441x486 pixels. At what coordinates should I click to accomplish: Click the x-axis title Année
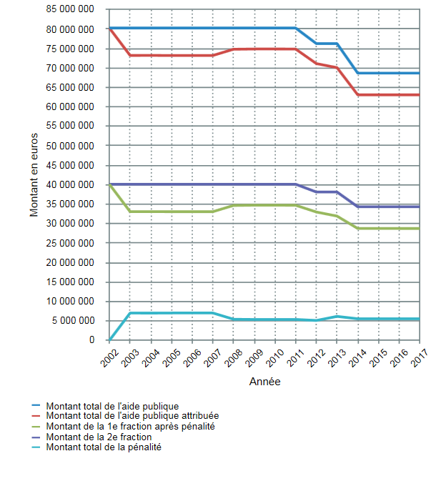point(264,382)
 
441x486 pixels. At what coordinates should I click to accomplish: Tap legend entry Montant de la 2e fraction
point(98,437)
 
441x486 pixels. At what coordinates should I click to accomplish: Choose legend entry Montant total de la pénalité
point(103,447)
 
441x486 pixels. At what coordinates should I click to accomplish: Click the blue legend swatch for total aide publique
point(36,405)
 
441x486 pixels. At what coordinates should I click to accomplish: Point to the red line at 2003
point(130,55)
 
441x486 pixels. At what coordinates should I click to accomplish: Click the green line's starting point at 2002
point(109,184)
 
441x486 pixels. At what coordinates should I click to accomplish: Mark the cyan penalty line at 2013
point(337,316)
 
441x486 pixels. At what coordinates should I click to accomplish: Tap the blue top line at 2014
point(357,73)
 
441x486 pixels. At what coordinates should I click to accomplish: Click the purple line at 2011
point(295,184)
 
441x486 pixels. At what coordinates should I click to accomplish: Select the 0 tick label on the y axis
point(92,340)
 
